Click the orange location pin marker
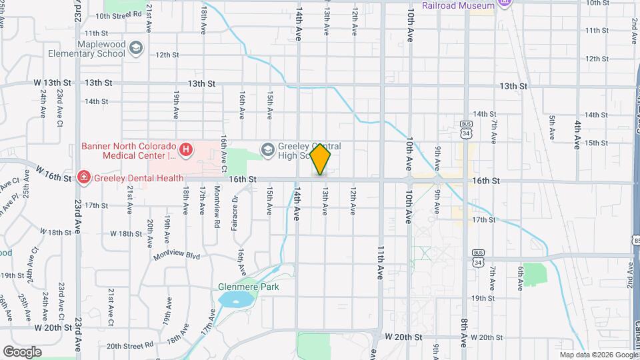pos(321,159)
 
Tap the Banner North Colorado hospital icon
pos(187,150)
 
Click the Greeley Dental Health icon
pos(84,177)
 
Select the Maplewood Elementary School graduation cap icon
pos(136,48)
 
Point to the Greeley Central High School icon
pos(268,148)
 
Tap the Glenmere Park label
pos(249,287)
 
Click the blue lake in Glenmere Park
pos(231,300)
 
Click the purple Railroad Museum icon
pos(505,3)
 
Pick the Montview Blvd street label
pos(177,255)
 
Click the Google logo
pos(22,351)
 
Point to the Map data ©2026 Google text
pos(598,355)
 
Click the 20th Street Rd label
pos(130,346)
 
